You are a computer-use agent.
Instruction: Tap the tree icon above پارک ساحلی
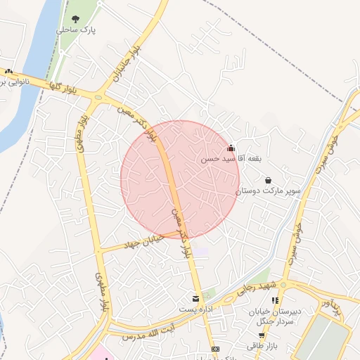tap(76, 19)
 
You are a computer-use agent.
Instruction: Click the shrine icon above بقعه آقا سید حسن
tap(231, 148)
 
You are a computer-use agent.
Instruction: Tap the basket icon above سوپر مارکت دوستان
tap(269, 180)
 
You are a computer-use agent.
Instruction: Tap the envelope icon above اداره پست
tap(195, 299)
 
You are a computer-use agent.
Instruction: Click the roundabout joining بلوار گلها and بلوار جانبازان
tap(97, 96)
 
